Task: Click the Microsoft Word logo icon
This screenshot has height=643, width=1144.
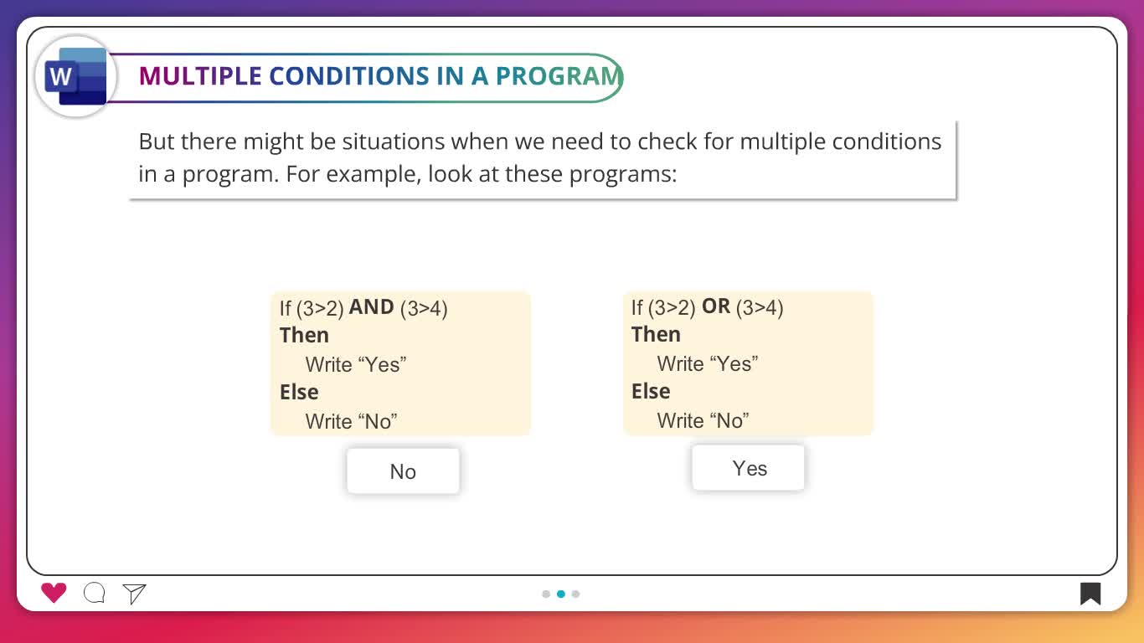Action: coord(76,77)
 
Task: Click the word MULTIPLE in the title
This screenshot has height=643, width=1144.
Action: coord(199,76)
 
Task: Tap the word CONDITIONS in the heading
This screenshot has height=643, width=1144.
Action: coord(349,76)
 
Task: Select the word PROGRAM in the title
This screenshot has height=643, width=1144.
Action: coord(559,76)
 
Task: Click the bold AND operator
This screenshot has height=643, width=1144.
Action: coord(371,307)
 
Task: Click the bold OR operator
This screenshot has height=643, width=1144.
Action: coord(716,306)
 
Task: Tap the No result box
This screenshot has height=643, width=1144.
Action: coord(403,471)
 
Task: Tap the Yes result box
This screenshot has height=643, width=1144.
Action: coord(748,468)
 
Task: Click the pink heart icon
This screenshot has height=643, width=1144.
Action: coord(54,593)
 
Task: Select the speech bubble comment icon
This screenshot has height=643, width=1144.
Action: coord(95,593)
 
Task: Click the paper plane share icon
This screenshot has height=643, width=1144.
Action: coord(134,594)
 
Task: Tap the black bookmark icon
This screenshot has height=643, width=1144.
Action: coord(1090,594)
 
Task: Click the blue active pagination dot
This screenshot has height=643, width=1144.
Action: coord(561,594)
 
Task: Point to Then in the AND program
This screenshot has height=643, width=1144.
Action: coord(304,336)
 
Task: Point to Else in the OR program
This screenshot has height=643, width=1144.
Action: coord(651,391)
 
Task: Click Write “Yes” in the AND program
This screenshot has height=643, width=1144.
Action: coord(355,365)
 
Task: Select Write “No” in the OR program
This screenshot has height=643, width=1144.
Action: coord(703,421)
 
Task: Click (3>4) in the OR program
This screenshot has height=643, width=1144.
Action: coord(760,307)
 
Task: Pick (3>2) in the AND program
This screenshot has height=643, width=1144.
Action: coord(320,308)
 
